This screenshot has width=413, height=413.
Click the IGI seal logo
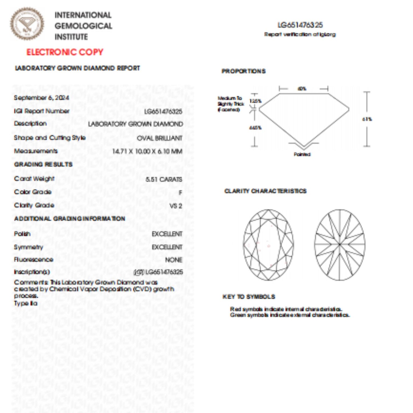[x=27, y=24]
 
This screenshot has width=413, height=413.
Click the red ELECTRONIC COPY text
[x=65, y=52]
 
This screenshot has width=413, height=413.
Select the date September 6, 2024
[x=41, y=98]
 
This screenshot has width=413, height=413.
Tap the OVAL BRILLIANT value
[x=159, y=138]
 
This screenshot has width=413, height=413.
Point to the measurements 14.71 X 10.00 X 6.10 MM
[x=147, y=151]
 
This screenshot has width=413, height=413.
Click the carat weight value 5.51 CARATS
[x=163, y=179]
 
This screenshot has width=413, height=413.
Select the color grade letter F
[x=180, y=193]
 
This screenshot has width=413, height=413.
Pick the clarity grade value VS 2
[x=175, y=206]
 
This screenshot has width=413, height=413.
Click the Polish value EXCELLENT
[x=167, y=234]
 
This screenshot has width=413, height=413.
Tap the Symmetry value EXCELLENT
[x=167, y=247]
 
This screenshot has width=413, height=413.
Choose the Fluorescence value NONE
[x=173, y=260]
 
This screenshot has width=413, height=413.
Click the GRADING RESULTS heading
[x=43, y=164]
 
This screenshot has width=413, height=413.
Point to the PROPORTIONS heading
[x=244, y=71]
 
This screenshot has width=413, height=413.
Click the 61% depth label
[x=367, y=119]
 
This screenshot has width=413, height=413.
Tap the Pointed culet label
[x=302, y=155]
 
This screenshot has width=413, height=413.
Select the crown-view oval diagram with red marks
[x=268, y=245]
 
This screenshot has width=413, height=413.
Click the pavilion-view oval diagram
[x=340, y=245]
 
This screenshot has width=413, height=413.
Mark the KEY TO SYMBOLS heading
[x=249, y=297]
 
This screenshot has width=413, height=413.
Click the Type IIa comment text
[x=26, y=304]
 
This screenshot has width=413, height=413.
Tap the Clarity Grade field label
[x=34, y=205]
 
